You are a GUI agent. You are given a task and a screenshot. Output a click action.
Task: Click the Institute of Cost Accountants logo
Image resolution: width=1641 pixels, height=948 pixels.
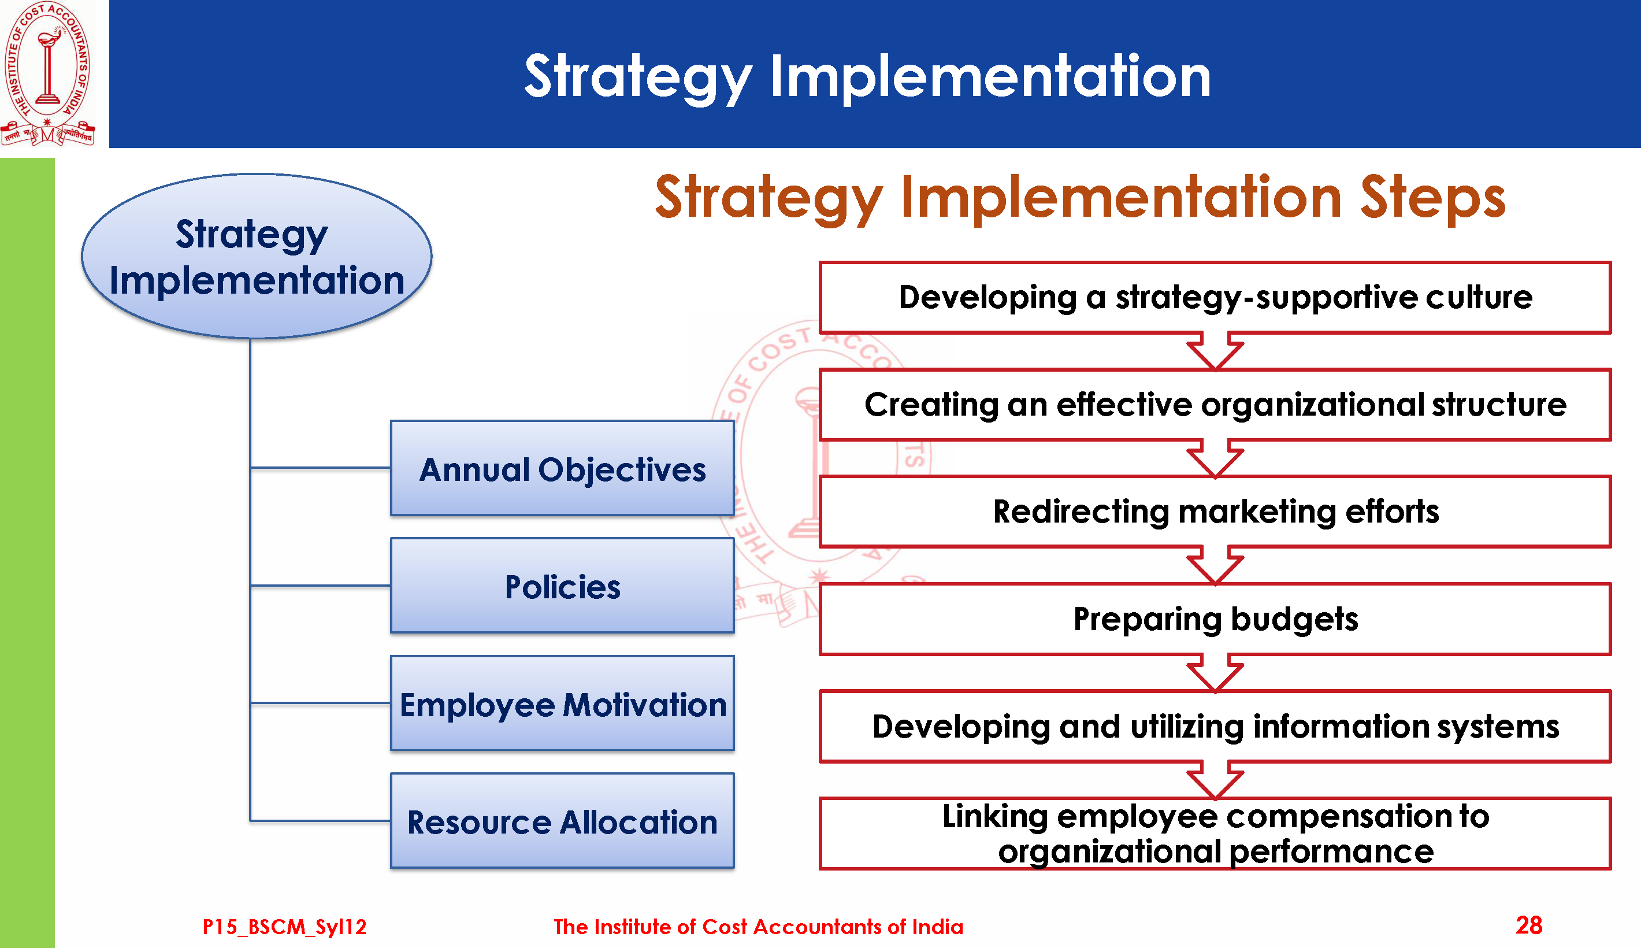[47, 73]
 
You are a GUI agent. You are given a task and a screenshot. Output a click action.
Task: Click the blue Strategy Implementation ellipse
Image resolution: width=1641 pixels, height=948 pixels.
[257, 256]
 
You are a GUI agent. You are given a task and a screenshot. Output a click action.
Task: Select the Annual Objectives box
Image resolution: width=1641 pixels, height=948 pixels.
[562, 468]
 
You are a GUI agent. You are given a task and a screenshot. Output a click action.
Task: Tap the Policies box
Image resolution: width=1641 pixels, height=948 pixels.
[562, 586]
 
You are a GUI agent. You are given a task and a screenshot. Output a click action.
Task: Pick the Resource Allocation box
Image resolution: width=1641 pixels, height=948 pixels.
[562, 821]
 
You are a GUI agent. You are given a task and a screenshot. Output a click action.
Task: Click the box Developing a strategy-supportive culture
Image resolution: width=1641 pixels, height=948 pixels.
[1215, 298]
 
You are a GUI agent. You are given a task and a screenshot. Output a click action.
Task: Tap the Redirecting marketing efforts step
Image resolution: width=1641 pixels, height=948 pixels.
[1215, 512]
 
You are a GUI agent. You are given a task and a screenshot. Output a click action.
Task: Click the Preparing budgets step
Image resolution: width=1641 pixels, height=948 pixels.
[1215, 619]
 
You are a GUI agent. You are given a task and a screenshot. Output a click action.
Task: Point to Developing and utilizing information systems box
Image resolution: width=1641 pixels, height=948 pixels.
[1215, 727]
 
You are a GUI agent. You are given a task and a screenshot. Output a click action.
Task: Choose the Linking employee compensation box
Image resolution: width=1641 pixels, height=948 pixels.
[1215, 834]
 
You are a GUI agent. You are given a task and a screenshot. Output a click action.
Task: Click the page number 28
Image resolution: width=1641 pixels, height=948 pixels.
[1528, 925]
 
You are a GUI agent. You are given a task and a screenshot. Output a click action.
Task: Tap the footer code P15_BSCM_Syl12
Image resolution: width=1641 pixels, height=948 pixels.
[284, 927]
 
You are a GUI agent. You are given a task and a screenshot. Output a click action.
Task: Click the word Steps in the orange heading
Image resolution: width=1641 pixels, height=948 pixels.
[1433, 198]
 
